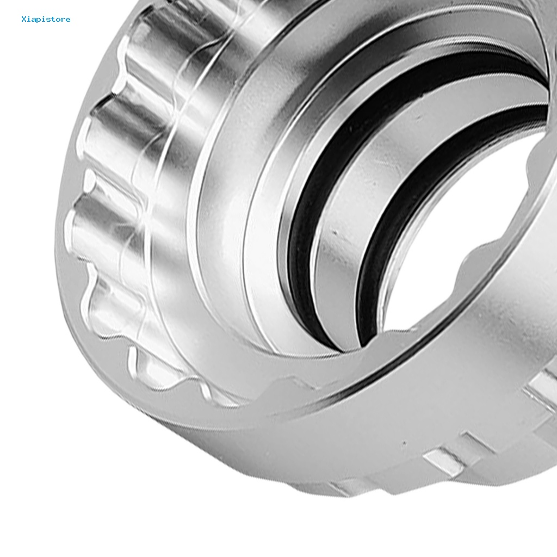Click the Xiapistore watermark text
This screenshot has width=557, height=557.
[46, 19]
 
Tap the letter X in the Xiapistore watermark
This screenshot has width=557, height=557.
[24, 19]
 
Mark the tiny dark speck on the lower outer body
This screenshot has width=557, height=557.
[404, 443]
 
